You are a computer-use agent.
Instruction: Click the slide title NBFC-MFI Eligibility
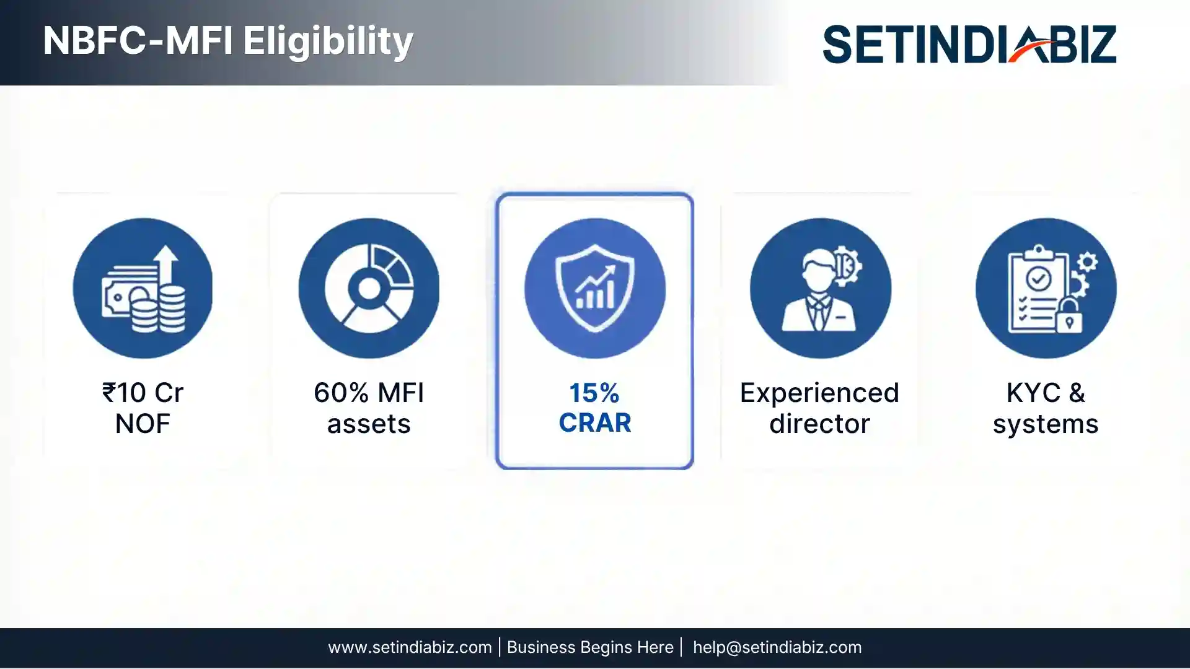(228, 42)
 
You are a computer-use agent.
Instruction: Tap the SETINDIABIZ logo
(969, 44)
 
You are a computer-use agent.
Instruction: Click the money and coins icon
(143, 288)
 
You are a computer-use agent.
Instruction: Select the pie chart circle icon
(369, 288)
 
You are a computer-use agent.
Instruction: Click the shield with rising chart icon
(594, 288)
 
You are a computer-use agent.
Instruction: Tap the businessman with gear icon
(820, 288)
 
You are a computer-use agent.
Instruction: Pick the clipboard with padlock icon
(1046, 288)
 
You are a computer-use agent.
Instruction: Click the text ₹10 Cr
(143, 393)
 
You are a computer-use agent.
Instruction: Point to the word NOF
(143, 424)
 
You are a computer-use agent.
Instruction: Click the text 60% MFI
(369, 393)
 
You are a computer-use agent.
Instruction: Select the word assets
(369, 424)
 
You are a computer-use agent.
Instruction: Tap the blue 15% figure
(594, 393)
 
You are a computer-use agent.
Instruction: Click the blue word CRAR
(594, 423)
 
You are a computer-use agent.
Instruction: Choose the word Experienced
(819, 393)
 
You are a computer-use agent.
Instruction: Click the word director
(819, 424)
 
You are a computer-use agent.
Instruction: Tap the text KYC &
(1046, 393)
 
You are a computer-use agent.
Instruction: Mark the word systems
(1046, 424)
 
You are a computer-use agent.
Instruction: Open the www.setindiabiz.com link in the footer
(410, 647)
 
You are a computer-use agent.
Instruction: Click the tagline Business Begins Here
(590, 647)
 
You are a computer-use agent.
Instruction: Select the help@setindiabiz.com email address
(777, 647)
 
